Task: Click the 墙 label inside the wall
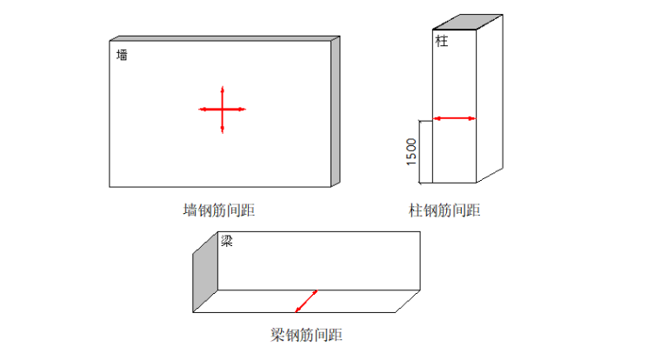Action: point(122,55)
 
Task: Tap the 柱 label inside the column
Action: point(442,41)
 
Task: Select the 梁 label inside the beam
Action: point(226,241)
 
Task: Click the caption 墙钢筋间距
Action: point(219,210)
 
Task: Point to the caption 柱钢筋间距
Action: point(444,210)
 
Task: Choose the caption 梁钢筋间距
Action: point(306,335)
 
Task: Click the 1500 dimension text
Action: point(411,152)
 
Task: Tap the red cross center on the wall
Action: point(222,110)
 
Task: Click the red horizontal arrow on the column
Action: point(454,118)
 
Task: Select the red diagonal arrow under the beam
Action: point(306,301)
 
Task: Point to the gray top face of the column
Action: point(468,22)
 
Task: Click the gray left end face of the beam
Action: point(205,272)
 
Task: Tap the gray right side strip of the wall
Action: point(336,111)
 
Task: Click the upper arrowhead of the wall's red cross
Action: point(222,90)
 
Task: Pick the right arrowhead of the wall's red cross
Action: point(242,110)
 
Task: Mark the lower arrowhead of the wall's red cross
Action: point(222,130)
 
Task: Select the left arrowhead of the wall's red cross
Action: point(203,110)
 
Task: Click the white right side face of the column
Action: point(490,98)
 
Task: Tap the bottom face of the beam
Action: point(306,301)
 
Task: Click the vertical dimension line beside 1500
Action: point(419,152)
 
